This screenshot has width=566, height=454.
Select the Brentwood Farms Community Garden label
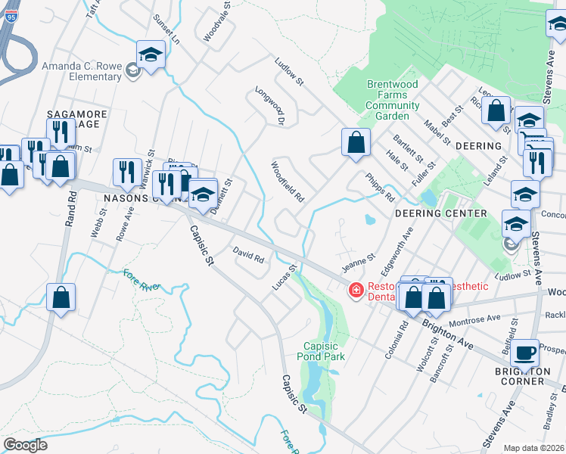[393, 100]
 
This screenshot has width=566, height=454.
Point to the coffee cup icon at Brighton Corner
[524, 352]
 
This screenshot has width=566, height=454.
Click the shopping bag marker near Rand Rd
[61, 298]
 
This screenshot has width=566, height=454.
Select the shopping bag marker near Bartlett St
[356, 141]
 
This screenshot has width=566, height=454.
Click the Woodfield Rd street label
[288, 182]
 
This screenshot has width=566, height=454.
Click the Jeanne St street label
[358, 265]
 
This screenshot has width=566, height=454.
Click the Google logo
[26, 444]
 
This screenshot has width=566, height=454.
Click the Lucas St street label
[281, 277]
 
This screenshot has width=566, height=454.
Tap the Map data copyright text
[534, 448]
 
